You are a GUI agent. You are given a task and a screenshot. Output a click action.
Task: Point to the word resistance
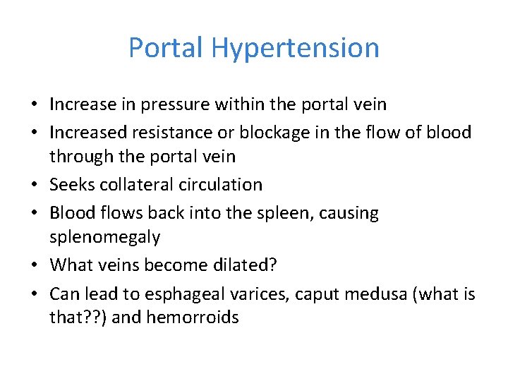pyautogui.click(x=184, y=132)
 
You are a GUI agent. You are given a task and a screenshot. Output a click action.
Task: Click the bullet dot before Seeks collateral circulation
pyautogui.click(x=35, y=186)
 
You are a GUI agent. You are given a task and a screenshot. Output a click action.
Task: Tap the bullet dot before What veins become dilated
pyautogui.click(x=35, y=265)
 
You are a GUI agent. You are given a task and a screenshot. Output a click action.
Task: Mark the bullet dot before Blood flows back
pyautogui.click(x=35, y=212)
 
